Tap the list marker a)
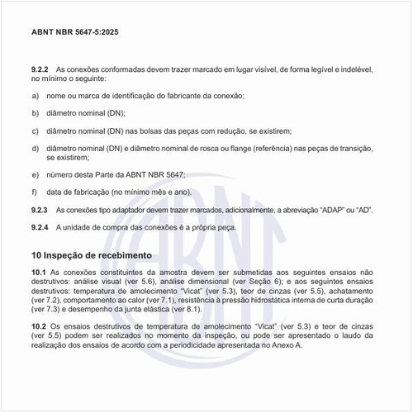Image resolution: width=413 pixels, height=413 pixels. (35, 97)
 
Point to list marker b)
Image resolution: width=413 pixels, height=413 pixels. (35, 114)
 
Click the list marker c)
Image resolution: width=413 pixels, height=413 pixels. (35, 131)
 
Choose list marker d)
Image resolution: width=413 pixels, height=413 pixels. (35, 148)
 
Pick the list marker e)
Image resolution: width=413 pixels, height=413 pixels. (35, 174)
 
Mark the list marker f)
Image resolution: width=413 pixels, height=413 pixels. (35, 192)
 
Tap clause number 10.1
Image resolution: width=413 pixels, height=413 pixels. (38, 272)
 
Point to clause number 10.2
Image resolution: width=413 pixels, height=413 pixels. (38, 328)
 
